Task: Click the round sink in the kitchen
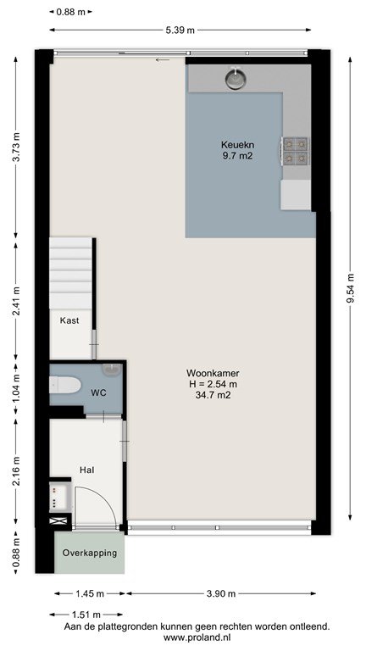click(236, 79)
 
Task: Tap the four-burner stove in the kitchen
click(296, 151)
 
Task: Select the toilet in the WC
click(64, 385)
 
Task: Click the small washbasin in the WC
click(111, 369)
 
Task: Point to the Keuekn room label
click(237, 145)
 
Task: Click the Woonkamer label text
click(213, 373)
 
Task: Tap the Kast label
click(69, 320)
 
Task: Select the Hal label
click(86, 470)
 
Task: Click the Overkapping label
click(90, 553)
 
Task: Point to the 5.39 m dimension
click(180, 30)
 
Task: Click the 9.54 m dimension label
click(351, 289)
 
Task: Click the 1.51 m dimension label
click(86, 615)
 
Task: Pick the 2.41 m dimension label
click(16, 302)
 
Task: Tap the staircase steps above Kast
click(70, 273)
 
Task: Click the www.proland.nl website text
click(197, 637)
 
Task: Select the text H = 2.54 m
click(213, 385)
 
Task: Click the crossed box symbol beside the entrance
click(55, 521)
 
